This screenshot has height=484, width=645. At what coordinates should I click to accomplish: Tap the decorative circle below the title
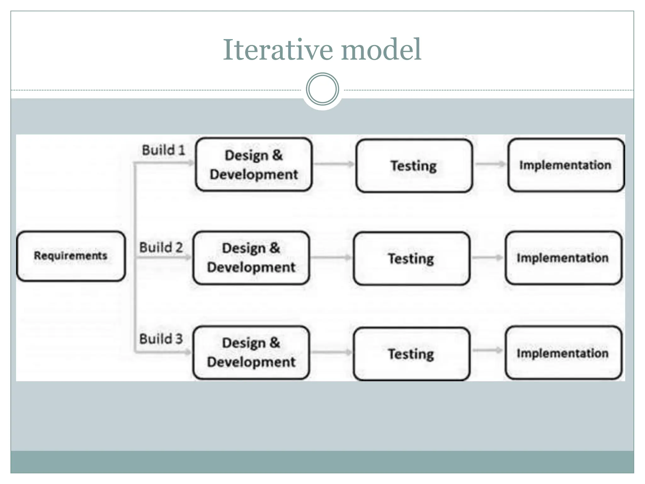point(322,89)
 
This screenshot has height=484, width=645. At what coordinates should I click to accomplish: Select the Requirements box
point(71,256)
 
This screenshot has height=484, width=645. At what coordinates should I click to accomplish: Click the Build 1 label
point(163,150)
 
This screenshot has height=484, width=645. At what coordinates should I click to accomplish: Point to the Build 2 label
point(161,247)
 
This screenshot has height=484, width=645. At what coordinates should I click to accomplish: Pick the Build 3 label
point(161,339)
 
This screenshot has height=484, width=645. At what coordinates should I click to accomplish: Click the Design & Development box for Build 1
point(254,164)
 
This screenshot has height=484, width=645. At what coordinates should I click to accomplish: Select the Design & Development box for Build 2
point(251,258)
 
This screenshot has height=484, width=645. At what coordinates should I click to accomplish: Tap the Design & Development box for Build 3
point(251,352)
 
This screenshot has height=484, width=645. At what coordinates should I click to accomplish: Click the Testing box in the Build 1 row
point(414,166)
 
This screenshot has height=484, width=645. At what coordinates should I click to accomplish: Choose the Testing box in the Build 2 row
point(411,259)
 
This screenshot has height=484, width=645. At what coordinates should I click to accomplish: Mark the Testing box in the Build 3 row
point(411,354)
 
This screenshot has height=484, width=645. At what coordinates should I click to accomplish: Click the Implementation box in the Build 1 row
point(566,165)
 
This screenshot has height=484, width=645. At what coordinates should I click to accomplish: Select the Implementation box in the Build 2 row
point(563,258)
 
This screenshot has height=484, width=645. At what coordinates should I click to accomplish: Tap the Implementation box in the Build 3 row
point(563,353)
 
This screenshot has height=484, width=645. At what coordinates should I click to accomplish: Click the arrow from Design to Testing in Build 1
point(334,164)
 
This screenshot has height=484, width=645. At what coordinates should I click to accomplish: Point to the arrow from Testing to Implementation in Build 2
point(488,257)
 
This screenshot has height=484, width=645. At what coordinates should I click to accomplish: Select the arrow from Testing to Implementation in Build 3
point(488,350)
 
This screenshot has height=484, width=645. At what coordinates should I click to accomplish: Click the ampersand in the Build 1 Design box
point(277,155)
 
